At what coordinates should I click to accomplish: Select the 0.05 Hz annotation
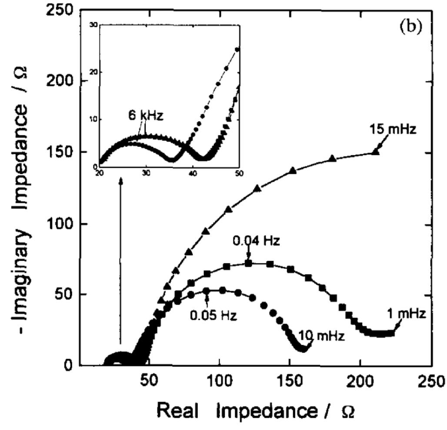click(213, 315)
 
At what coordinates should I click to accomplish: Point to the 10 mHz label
click(321, 335)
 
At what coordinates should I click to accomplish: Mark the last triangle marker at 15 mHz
click(375, 152)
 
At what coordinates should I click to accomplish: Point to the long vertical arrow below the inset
click(121, 261)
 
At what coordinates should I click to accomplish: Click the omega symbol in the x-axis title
click(350, 411)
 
